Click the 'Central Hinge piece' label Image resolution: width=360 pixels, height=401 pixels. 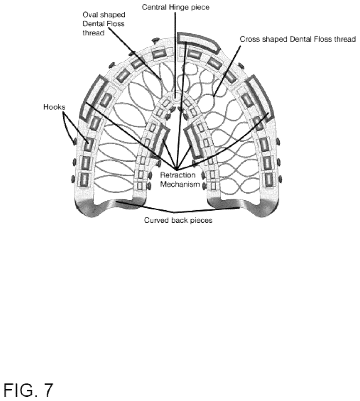point(175,7)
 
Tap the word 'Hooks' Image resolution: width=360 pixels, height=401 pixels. point(54,107)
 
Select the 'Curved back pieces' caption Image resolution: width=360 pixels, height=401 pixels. point(178,220)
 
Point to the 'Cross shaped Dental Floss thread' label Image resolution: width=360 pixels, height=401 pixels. point(298,39)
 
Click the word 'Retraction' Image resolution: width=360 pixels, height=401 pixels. point(178,175)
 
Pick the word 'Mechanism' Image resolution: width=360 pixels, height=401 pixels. point(180,184)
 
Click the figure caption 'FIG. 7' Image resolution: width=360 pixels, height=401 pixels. point(29,390)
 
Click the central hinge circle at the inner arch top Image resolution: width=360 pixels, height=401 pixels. point(176,97)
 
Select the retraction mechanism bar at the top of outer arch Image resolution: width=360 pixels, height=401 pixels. point(198,42)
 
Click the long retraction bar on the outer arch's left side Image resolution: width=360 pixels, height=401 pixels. point(92,97)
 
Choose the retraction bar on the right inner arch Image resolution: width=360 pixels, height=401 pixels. point(193,143)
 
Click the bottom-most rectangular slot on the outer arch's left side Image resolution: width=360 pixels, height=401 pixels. point(84,180)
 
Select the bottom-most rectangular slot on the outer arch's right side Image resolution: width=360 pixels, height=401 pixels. point(269,180)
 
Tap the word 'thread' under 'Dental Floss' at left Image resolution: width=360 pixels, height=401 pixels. point(93,33)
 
